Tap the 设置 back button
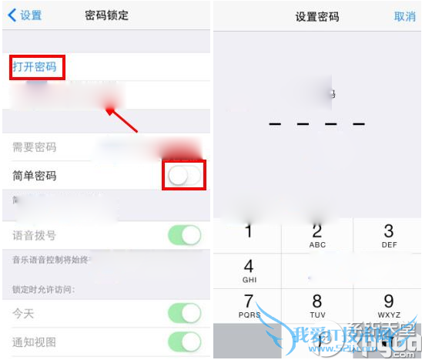[x=25, y=15]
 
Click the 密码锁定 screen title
[x=107, y=15]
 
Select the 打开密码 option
[x=35, y=67]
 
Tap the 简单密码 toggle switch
[x=185, y=176]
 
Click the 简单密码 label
[x=34, y=176]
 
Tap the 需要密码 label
[x=34, y=147]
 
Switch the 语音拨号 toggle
[x=185, y=235]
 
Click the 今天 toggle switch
[x=185, y=314]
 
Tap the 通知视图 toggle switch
[x=185, y=341]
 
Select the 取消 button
[x=404, y=15]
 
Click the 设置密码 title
[x=316, y=15]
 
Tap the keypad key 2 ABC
[x=317, y=236]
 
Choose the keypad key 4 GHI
[x=249, y=271]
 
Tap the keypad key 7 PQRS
[x=249, y=305]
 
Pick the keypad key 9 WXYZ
[x=388, y=305]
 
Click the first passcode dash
[x=275, y=123]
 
